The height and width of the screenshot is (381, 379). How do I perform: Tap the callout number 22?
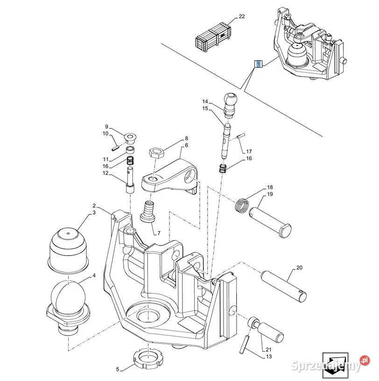coord(241,17)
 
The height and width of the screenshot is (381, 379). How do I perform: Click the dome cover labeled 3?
coord(69,250)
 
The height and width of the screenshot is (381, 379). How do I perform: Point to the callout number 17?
coord(249,151)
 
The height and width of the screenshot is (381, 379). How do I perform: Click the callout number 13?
coord(268,357)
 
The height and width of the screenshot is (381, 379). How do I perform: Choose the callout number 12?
coord(106,173)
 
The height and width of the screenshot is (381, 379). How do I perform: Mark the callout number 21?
coord(268,350)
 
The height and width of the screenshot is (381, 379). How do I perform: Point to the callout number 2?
coord(94,205)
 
